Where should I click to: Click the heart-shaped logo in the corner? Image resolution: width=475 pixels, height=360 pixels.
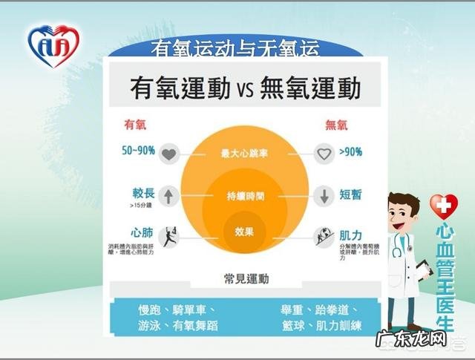point(51,46)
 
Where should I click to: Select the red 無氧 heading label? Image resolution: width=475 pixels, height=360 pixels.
point(338,125)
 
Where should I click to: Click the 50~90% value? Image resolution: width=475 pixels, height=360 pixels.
point(139,151)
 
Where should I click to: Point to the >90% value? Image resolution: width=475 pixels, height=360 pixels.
point(350,152)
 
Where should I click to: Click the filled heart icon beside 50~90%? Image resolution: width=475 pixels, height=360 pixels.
point(169,155)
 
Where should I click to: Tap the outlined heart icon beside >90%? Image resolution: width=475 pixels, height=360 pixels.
point(323,155)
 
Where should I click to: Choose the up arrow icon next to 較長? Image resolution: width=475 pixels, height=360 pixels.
point(169,197)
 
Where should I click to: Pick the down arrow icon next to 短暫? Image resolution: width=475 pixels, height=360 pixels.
point(323,197)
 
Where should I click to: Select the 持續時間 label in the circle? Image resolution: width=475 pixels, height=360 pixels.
point(245,197)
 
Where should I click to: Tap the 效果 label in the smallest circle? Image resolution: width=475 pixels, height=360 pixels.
point(245,232)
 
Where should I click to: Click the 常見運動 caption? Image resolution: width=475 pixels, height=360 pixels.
point(246,279)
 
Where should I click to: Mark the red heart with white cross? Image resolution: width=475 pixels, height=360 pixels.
point(445,206)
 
